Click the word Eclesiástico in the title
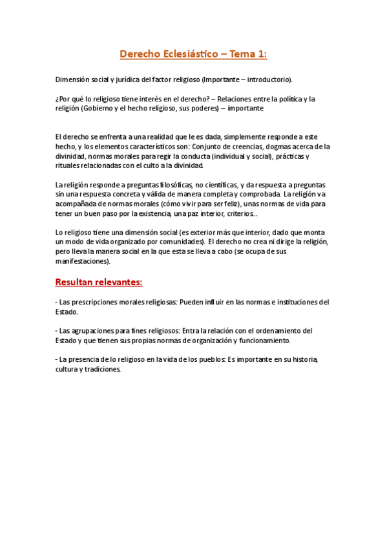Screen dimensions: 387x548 [x=186, y=55]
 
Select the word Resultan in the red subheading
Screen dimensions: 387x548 [x=77, y=282]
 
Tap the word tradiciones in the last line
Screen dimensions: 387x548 [x=101, y=369]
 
